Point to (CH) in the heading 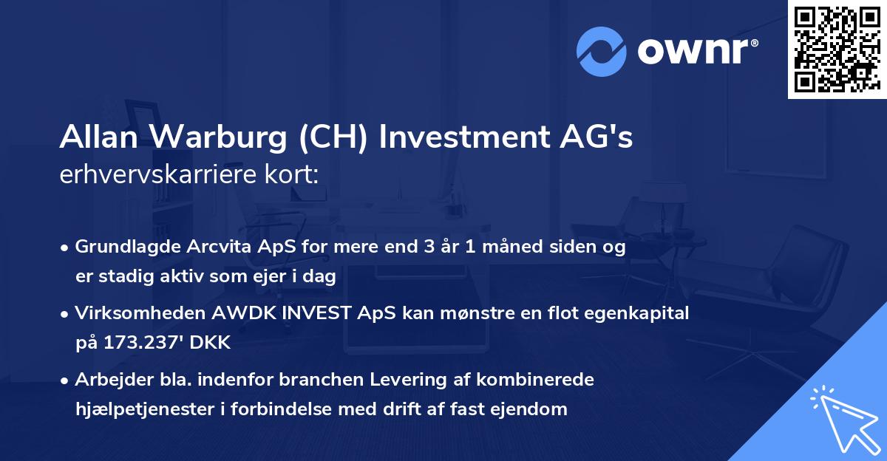tap(332, 138)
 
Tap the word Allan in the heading tap(96, 138)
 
